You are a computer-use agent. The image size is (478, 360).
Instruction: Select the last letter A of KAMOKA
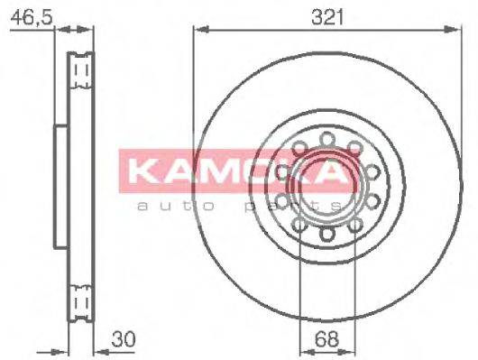[331, 171]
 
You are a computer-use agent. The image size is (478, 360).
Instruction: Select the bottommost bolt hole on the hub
[325, 237]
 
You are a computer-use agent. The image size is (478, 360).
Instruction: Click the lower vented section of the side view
[82, 297]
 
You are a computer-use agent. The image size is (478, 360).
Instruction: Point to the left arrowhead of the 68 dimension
[303, 352]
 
